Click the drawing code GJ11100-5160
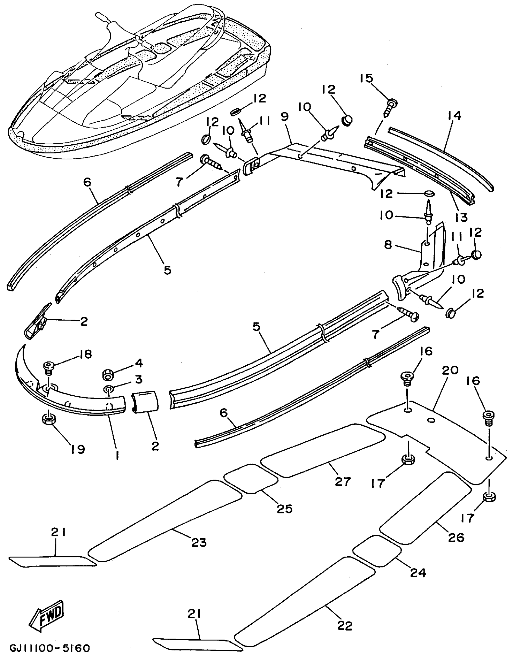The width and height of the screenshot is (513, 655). click(x=50, y=647)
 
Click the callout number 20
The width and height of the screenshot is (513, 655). click(x=451, y=370)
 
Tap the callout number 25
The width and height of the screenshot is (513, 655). click(x=285, y=509)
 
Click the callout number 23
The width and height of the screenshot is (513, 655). click(x=199, y=542)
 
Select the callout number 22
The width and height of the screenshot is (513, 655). click(x=345, y=626)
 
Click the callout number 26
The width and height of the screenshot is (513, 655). click(x=456, y=537)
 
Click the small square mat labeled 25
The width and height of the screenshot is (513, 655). click(x=250, y=478)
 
